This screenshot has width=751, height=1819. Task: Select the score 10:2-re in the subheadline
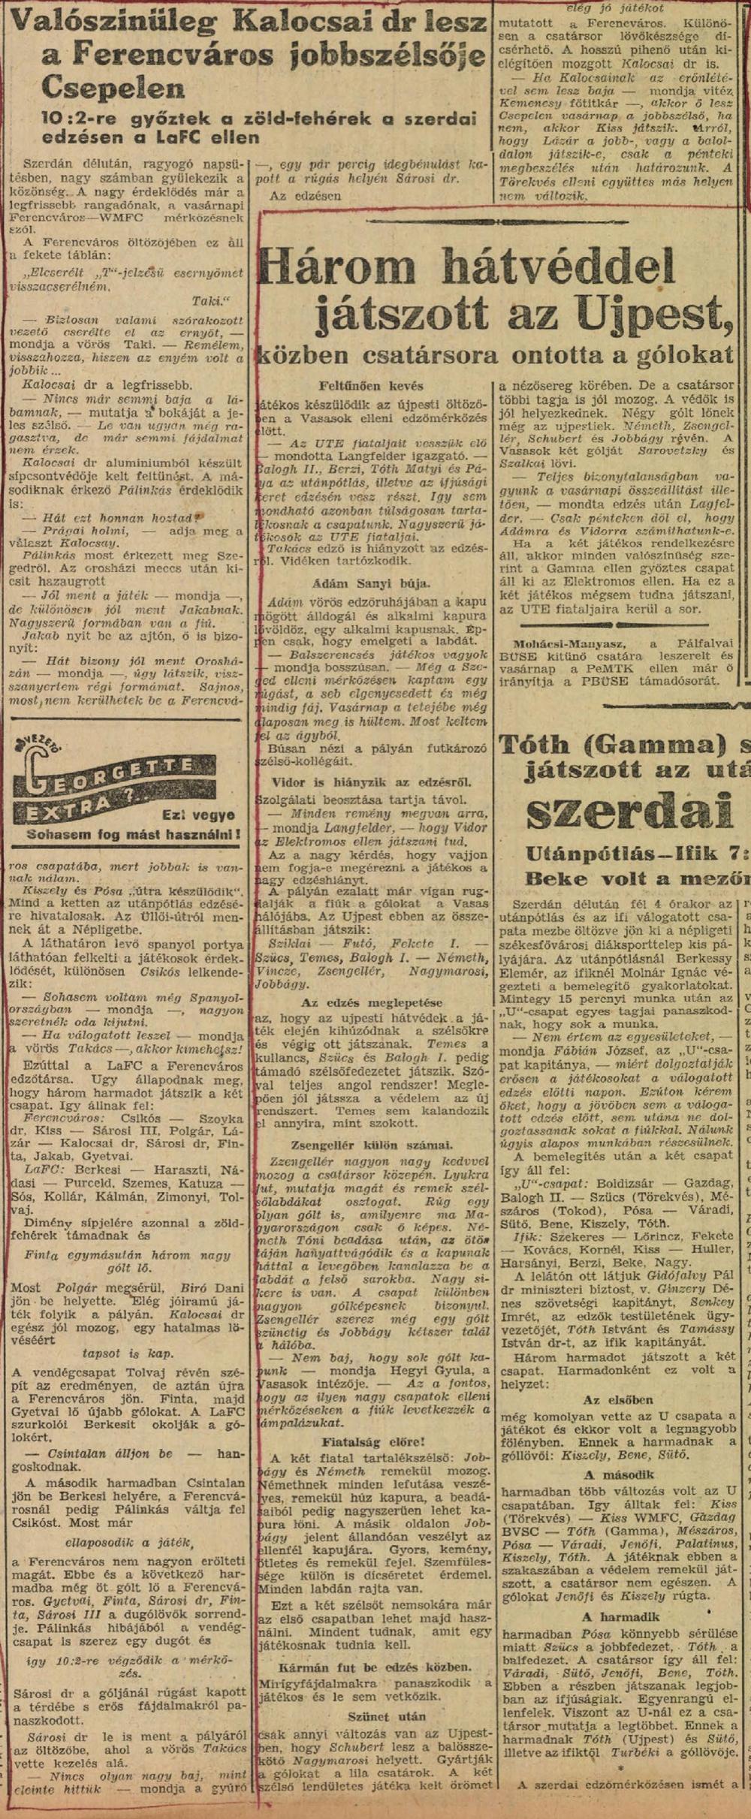pyautogui.click(x=83, y=120)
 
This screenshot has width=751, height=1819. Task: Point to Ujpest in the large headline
pyautogui.click(x=654, y=312)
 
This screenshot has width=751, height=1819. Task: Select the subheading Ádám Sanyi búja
pyautogui.click(x=371, y=583)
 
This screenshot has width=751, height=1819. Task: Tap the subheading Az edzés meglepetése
pyautogui.click(x=371, y=1002)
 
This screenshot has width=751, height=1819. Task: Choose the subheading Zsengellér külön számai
pyautogui.click(x=371, y=1145)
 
